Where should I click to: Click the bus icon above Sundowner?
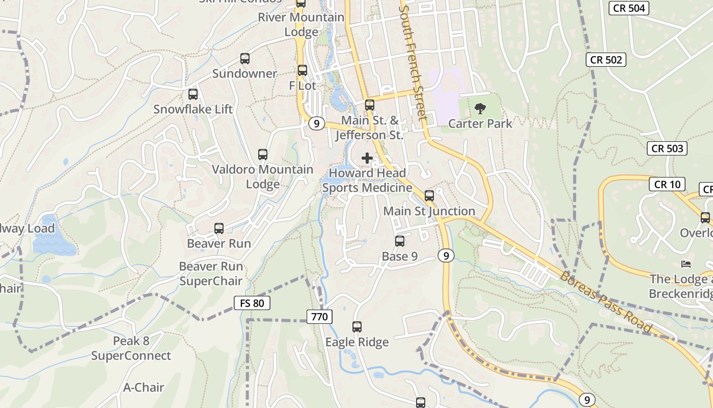245,59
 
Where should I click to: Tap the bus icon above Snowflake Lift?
193,94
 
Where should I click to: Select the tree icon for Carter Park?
480,108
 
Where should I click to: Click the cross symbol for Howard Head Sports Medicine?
367,158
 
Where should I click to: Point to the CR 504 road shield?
629,8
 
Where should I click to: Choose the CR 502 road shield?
605,60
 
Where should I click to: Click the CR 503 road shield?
667,149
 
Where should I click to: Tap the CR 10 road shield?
667,185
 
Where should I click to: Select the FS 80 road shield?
252,303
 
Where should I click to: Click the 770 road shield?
319,317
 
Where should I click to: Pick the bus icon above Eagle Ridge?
357,327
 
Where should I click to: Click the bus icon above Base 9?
400,241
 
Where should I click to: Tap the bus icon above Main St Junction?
429,196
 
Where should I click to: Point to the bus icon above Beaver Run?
219,228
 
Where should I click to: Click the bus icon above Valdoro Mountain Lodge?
263,155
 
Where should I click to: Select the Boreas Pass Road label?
606,303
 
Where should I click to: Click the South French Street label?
413,61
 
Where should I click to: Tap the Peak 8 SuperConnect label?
131,348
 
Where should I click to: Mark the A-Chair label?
144,388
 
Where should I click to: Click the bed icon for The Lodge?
686,264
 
